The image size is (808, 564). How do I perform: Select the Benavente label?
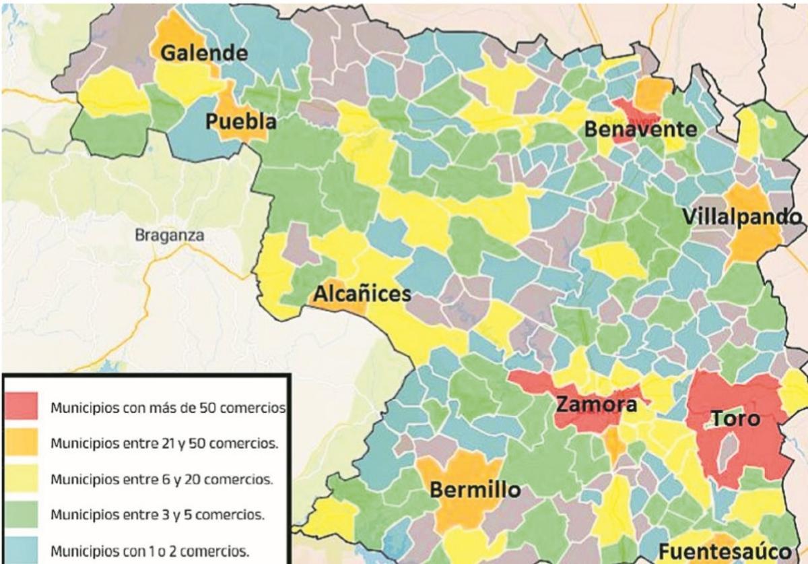click(640, 129)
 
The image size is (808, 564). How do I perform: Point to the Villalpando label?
click(742, 218)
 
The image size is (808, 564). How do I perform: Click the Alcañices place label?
click(362, 294)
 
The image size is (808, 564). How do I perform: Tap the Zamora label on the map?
click(596, 405)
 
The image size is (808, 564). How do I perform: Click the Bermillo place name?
click(475, 490)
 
